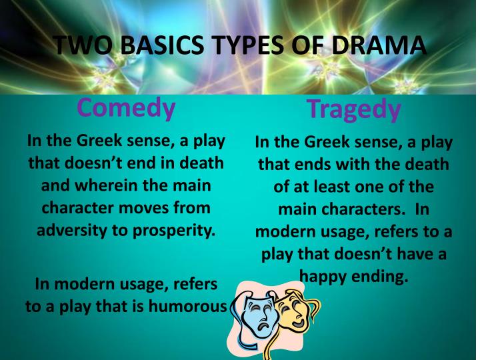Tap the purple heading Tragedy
pos(354,109)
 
